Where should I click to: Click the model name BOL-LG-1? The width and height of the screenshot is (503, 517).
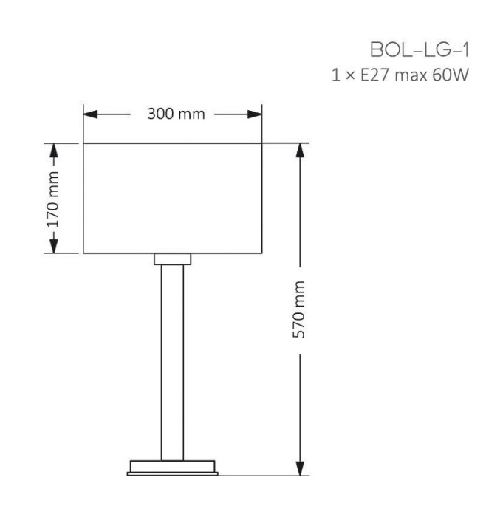coord(420,51)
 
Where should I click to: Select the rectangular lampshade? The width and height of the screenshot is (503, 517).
coord(173,197)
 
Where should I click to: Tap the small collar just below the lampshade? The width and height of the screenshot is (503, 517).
coord(173,258)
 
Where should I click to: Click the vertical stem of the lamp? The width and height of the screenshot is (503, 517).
coord(173,362)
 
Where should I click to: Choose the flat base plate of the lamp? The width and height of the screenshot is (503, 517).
coord(173,467)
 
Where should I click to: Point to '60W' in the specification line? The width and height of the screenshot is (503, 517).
coord(452,75)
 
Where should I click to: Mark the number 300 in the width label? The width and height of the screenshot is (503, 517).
coord(160,114)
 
